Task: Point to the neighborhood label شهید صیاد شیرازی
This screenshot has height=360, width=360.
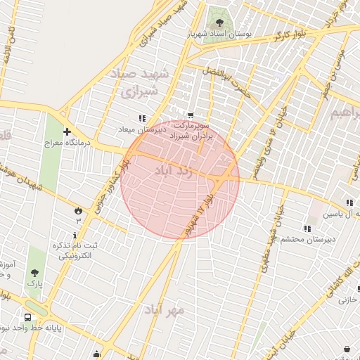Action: (136, 82)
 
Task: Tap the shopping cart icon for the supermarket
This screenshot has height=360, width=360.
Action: (191, 115)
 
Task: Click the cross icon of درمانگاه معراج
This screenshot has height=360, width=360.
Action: (67, 131)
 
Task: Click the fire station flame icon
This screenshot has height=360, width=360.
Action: (78, 210)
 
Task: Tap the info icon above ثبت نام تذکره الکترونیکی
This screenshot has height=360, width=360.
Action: (75, 234)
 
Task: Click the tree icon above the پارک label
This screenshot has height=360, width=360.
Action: (35, 271)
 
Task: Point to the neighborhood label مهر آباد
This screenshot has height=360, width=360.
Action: (165, 309)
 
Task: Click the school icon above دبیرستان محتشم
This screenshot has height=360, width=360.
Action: (307, 228)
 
